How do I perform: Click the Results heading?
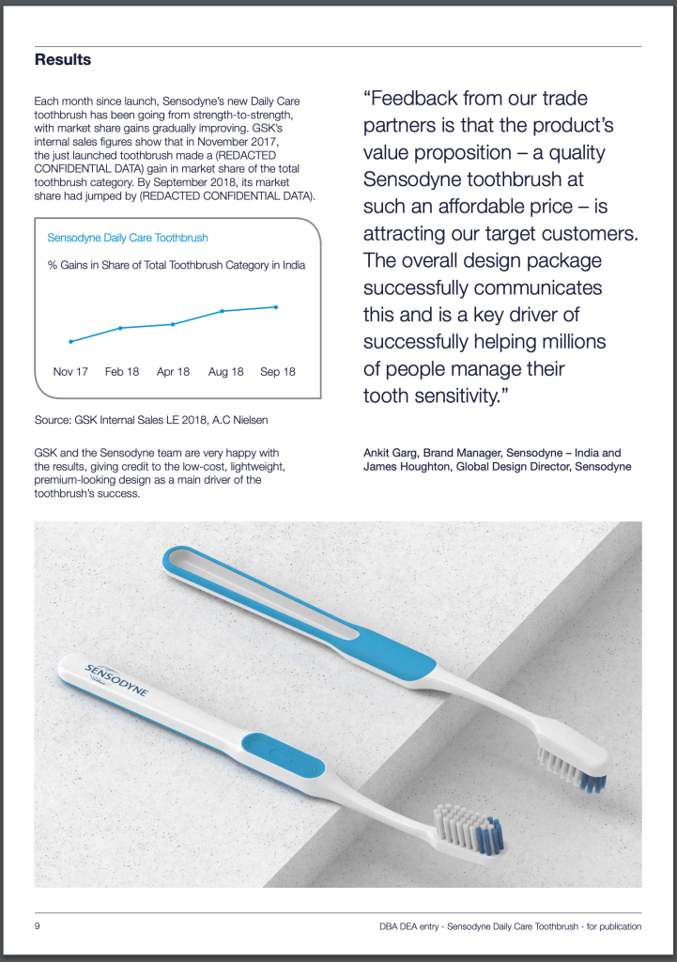coord(63,60)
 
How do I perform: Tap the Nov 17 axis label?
coord(70,372)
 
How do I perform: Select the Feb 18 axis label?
coord(122,372)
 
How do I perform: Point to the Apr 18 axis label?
coord(173,372)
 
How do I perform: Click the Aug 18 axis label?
coord(225,372)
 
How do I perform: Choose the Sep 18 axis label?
coord(277,372)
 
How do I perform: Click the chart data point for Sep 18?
coord(276,306)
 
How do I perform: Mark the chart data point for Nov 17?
coord(70,341)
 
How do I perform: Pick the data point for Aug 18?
coord(223,310)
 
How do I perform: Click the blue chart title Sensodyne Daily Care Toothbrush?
coord(128,239)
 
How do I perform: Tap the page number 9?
coord(38,926)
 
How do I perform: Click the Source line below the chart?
coord(156,419)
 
